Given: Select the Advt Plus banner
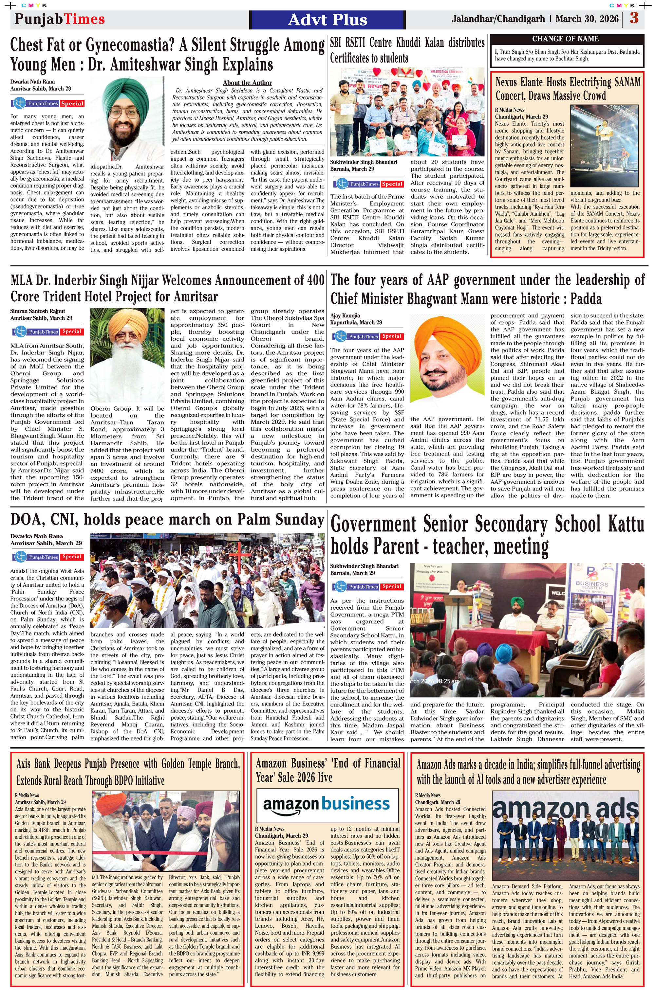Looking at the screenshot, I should pyautogui.click(x=327, y=20).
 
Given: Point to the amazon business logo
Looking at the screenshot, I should pyautogui.click(x=327, y=804).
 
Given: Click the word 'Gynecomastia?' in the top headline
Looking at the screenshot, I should pyautogui.click(x=130, y=45).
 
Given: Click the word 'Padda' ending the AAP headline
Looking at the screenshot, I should pyautogui.click(x=586, y=299).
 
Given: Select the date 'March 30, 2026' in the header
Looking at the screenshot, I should pyautogui.click(x=587, y=19).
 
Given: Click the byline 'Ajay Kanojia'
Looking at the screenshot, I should pyautogui.click(x=345, y=315).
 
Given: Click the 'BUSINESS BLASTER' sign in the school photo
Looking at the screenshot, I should pyautogui.click(x=591, y=586).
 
